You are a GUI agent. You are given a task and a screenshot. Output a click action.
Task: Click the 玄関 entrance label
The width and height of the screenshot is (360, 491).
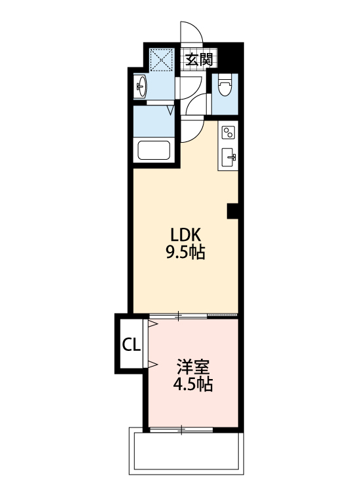pos(200,59)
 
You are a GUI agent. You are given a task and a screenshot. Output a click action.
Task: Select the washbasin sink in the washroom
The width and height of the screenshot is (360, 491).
pos(141,85)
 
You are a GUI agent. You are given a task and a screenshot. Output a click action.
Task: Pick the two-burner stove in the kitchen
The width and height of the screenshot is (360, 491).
pos(228,133)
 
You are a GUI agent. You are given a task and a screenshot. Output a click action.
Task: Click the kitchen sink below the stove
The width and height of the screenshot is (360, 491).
pos(228,156)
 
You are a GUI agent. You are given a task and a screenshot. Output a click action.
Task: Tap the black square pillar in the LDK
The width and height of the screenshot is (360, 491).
pos(232,211)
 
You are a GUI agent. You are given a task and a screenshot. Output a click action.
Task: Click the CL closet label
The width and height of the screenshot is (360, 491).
pos(132,344)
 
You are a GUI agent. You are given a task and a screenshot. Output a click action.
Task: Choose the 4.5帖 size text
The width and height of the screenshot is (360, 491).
pos(192,384)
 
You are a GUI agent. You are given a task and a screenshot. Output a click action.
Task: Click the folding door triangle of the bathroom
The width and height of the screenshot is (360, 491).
pos(170,110)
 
